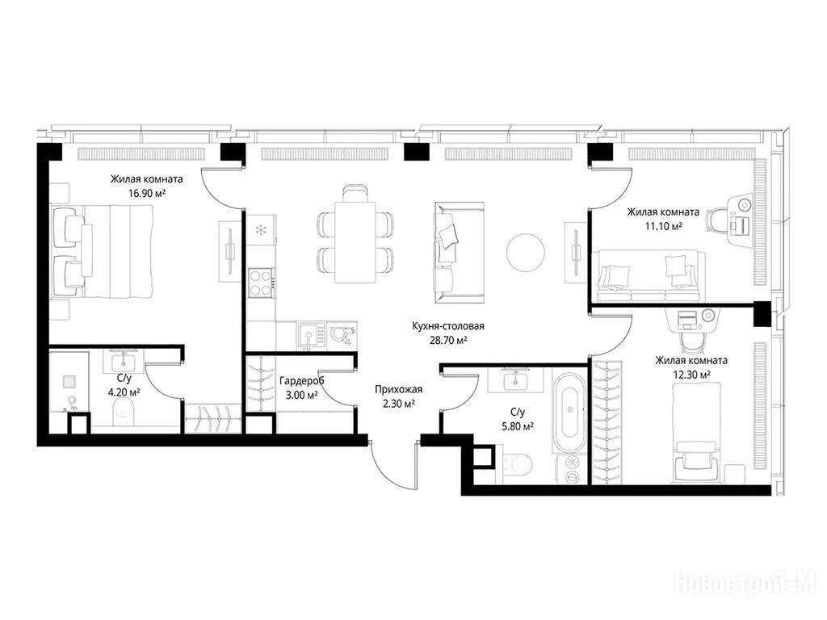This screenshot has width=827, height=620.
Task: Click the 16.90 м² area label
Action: coord(147,194)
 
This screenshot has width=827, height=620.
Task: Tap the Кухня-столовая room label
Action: coord(448,326)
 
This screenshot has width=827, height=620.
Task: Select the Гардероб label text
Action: coord(302,381)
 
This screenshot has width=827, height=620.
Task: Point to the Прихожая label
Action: coord(399,390)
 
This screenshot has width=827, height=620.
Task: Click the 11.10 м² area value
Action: coord(664,226)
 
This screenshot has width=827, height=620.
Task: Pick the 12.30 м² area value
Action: coord(691,375)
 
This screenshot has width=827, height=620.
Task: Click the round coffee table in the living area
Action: coord(526,252)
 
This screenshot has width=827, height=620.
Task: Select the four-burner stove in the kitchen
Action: coord(261,283)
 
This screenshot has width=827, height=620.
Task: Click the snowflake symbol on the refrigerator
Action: coord(260,229)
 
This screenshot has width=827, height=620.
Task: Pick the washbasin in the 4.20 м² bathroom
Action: coord(124,361)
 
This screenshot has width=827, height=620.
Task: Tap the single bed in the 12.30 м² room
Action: coord(697,432)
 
